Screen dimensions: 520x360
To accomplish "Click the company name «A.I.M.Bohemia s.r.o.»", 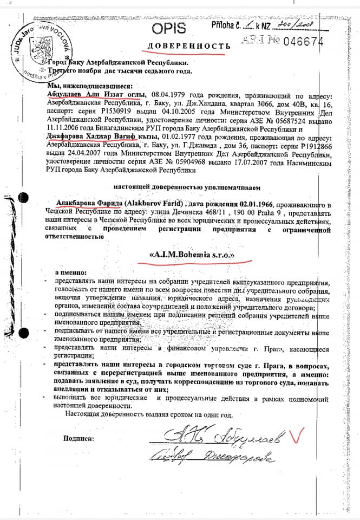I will [193, 254].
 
